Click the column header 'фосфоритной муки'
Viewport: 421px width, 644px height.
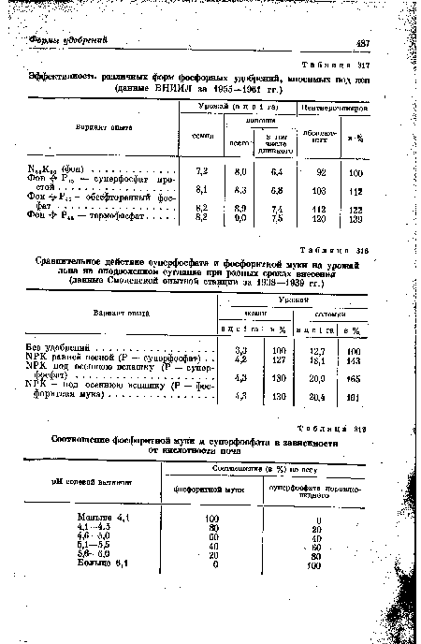tap(210, 489)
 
